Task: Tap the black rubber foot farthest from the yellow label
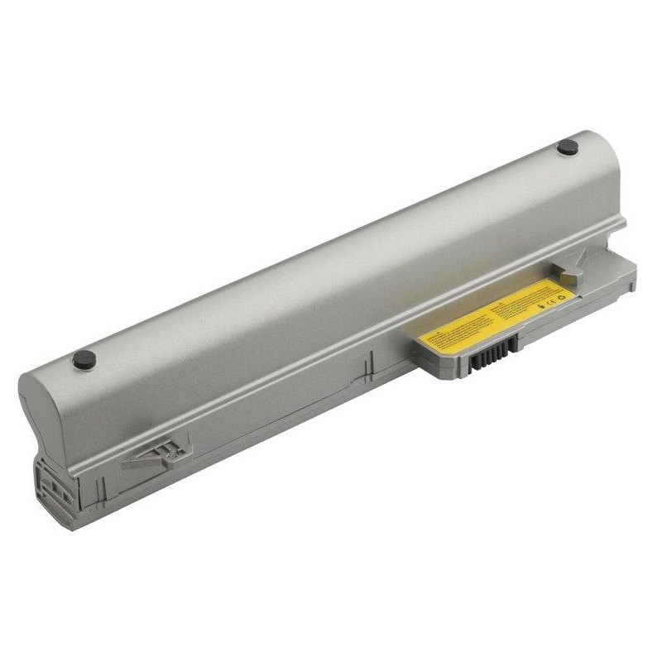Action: click(84, 360)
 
